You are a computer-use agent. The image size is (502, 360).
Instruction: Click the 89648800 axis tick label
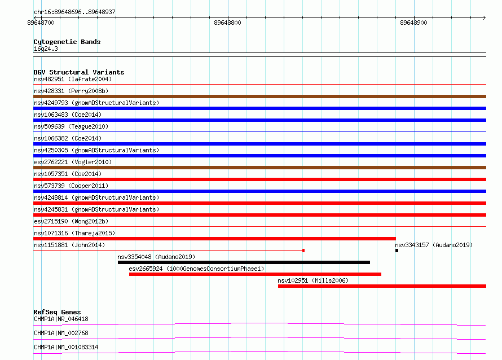click(227, 23)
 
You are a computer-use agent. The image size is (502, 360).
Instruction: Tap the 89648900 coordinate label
click(413, 23)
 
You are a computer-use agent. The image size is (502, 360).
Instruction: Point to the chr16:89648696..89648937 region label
click(74, 12)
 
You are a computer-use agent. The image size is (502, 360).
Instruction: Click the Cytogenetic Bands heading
click(67, 42)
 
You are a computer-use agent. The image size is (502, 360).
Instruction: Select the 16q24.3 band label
click(46, 49)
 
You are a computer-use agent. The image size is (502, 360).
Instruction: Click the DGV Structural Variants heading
click(79, 72)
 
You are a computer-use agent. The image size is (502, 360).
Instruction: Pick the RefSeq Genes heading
click(57, 312)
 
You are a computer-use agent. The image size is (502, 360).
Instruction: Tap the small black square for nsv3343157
click(397, 251)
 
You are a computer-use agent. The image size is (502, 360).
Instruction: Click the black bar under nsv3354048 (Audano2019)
click(244, 262)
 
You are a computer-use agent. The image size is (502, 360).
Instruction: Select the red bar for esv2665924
click(255, 274)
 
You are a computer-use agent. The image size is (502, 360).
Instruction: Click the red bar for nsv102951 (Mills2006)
click(382, 286)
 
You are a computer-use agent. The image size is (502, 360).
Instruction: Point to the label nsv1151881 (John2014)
click(69, 245)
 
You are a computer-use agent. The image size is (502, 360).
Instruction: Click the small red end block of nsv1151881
click(303, 251)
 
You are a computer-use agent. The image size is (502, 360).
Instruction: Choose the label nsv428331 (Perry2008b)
click(71, 91)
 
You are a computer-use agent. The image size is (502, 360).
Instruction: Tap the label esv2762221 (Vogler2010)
click(73, 162)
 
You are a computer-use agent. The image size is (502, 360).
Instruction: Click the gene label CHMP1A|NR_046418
click(61, 319)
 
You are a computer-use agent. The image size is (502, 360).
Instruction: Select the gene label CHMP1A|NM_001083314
click(66, 347)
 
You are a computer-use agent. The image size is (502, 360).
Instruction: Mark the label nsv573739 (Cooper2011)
click(71, 186)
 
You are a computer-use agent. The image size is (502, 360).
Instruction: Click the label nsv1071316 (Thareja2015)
click(74, 233)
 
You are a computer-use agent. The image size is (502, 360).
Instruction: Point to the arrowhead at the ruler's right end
click(485, 17)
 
